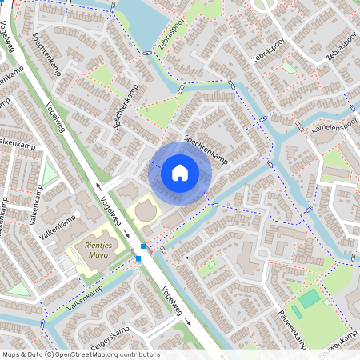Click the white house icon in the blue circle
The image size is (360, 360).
pyautogui.click(x=180, y=173)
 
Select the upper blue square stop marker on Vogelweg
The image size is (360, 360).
pyautogui.click(x=143, y=246)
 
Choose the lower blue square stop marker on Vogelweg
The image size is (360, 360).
pyautogui.click(x=138, y=258)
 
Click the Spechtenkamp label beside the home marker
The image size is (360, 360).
pyautogui.click(x=207, y=150)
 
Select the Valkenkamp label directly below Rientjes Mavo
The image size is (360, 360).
pyautogui.click(x=86, y=298)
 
